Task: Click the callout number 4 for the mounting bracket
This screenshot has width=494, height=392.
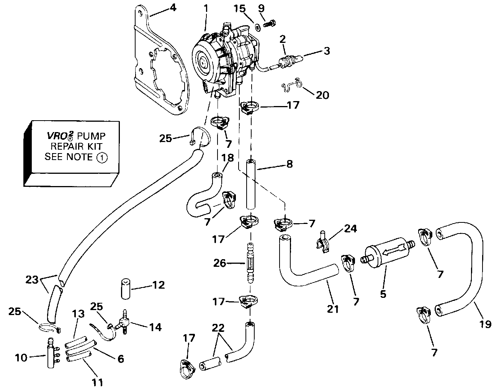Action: (x=173, y=7)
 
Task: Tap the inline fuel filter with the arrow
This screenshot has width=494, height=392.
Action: (x=388, y=253)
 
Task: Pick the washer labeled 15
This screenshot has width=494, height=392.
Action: (x=258, y=26)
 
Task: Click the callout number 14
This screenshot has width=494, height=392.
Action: (x=155, y=327)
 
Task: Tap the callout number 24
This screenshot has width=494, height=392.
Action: (x=351, y=229)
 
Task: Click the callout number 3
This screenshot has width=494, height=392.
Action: (x=327, y=51)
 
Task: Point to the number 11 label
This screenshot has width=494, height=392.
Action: (x=98, y=382)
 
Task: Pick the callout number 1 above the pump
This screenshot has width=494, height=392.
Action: (x=206, y=7)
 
